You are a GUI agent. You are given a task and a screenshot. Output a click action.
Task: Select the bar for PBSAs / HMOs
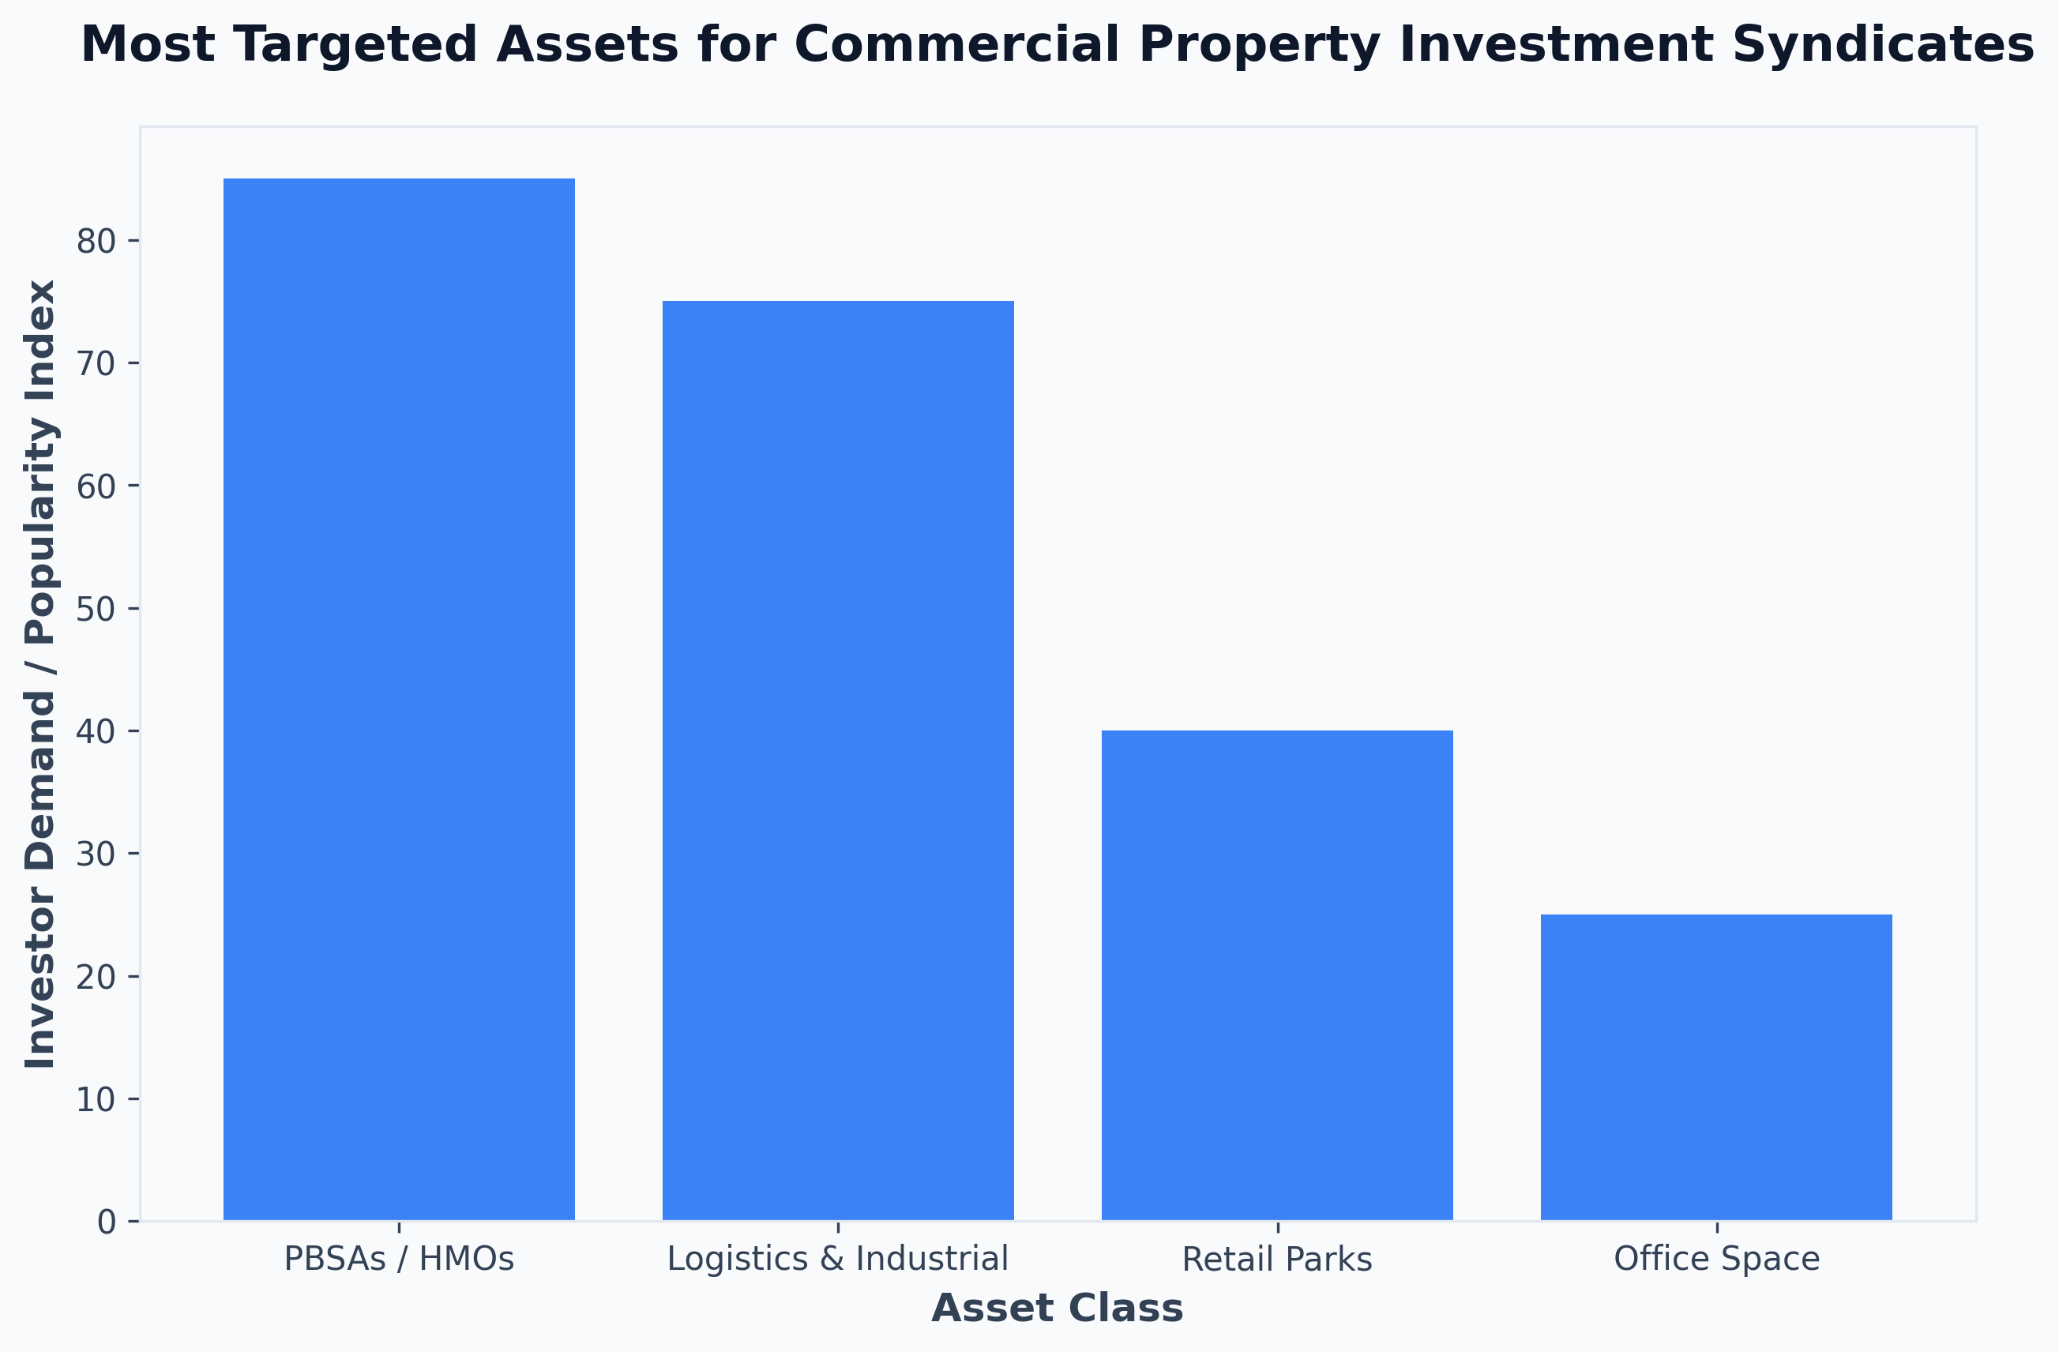click(399, 699)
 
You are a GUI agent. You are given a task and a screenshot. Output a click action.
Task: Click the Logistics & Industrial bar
click(837, 760)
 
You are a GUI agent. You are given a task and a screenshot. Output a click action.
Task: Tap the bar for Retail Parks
click(1277, 976)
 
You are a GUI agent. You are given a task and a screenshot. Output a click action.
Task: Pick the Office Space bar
click(1716, 1068)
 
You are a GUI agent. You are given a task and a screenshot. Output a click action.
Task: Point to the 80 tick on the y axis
click(96, 242)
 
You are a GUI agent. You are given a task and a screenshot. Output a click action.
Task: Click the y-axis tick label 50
click(96, 609)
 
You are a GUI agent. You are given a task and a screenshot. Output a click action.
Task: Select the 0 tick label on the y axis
click(107, 1222)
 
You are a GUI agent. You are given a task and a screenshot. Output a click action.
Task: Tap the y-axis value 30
click(96, 854)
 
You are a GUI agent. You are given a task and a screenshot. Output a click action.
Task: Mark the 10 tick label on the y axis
click(96, 1099)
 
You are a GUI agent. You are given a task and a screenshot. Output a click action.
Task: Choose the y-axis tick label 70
click(96, 363)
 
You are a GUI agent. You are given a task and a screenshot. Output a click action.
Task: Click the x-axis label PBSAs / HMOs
click(399, 1260)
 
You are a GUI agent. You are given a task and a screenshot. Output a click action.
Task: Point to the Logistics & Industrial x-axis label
click(837, 1259)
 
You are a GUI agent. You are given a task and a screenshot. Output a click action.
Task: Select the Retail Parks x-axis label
click(1277, 1260)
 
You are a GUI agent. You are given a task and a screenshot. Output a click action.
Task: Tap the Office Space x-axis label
click(1716, 1260)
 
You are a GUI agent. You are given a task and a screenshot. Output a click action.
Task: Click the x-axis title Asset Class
click(1058, 1308)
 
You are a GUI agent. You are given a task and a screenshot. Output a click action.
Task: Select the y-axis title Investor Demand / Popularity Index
click(40, 674)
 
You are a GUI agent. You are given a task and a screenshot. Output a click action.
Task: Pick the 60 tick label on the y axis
click(96, 486)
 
